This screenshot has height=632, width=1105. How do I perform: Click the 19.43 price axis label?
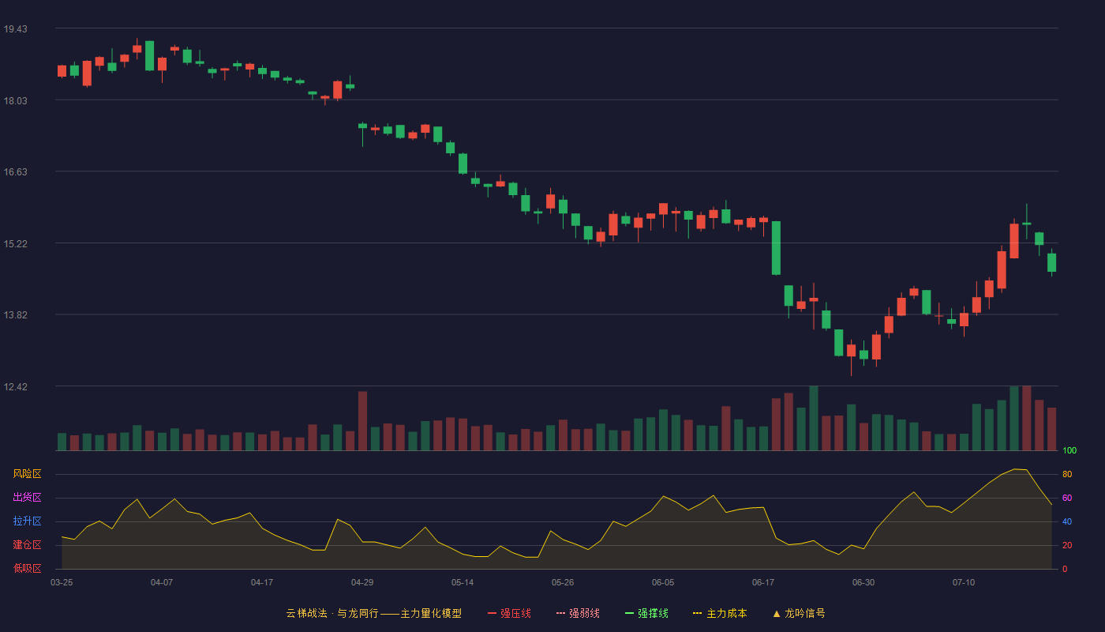15,29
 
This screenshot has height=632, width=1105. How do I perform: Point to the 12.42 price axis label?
15,386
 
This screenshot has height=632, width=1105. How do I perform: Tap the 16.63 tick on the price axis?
15,172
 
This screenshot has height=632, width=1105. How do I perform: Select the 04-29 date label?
362,583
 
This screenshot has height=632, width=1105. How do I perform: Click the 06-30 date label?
863,583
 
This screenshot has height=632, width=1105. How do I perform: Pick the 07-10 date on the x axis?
964,583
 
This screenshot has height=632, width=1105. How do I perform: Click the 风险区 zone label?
27,474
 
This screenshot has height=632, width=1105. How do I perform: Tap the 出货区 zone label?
27,497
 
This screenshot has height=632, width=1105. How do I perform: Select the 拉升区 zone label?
27,521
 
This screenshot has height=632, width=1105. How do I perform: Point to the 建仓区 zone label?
27,544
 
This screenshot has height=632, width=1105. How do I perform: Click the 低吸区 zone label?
27,568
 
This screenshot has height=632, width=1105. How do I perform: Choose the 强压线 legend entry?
509,613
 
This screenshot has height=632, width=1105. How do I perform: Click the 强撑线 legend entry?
646,613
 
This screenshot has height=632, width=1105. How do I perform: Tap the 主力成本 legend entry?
720,613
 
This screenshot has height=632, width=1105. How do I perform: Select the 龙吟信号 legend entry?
799,613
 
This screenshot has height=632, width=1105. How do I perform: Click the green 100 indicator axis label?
1069,450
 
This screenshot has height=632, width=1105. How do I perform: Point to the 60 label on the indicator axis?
1067,498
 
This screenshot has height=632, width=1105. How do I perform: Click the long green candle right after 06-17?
776,248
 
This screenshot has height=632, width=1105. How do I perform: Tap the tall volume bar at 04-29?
362,420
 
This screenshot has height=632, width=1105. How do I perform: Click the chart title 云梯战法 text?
306,613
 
